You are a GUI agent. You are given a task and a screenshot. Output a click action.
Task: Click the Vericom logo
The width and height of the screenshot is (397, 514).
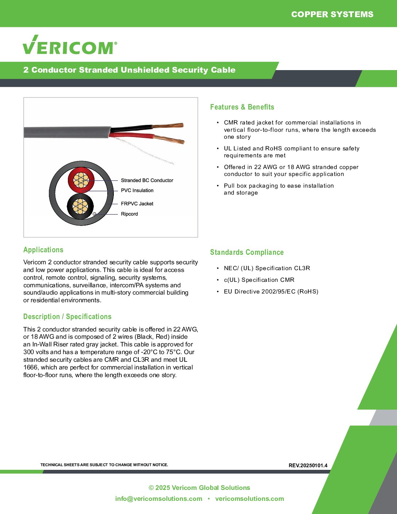(x=70, y=45)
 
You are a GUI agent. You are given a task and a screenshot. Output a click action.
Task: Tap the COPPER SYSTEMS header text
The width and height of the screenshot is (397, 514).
(x=332, y=14)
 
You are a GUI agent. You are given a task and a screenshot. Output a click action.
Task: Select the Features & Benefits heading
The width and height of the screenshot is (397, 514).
(x=242, y=107)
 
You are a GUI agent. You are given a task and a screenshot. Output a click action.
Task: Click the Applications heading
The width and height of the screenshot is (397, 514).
(x=43, y=250)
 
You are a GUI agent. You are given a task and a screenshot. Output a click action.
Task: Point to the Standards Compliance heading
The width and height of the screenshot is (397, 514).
(x=247, y=252)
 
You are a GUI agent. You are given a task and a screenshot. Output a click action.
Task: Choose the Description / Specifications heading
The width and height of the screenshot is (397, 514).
(x=67, y=317)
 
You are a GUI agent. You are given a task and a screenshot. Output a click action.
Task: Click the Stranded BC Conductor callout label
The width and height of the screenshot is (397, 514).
(x=147, y=180)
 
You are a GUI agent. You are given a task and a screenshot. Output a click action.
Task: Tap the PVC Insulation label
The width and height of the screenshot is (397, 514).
(x=137, y=190)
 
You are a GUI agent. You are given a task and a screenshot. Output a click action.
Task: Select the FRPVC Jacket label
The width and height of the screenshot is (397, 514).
(x=137, y=204)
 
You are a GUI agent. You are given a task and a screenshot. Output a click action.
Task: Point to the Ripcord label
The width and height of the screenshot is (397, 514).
(x=130, y=214)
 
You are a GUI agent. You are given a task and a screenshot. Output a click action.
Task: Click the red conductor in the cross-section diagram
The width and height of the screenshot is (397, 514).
(x=81, y=180)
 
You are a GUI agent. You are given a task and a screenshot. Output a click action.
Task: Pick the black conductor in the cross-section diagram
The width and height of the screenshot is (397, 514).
(x=80, y=207)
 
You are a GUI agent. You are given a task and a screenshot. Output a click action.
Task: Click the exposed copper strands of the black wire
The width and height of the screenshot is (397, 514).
(x=168, y=126)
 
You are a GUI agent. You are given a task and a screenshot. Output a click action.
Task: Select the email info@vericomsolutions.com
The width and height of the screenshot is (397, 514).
(x=159, y=499)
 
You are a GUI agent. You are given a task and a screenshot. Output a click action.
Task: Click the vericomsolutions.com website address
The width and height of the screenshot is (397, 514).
(x=250, y=499)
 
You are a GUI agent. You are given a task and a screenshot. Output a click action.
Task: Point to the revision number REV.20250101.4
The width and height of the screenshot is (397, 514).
(x=308, y=465)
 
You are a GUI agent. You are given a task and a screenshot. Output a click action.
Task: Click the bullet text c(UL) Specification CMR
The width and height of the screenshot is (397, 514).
(x=259, y=280)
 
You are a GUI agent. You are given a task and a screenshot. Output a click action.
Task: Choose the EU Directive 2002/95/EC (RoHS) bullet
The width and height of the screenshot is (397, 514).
(x=271, y=291)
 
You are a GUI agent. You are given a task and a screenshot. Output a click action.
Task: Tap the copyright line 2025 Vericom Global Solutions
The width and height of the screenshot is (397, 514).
(x=199, y=488)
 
